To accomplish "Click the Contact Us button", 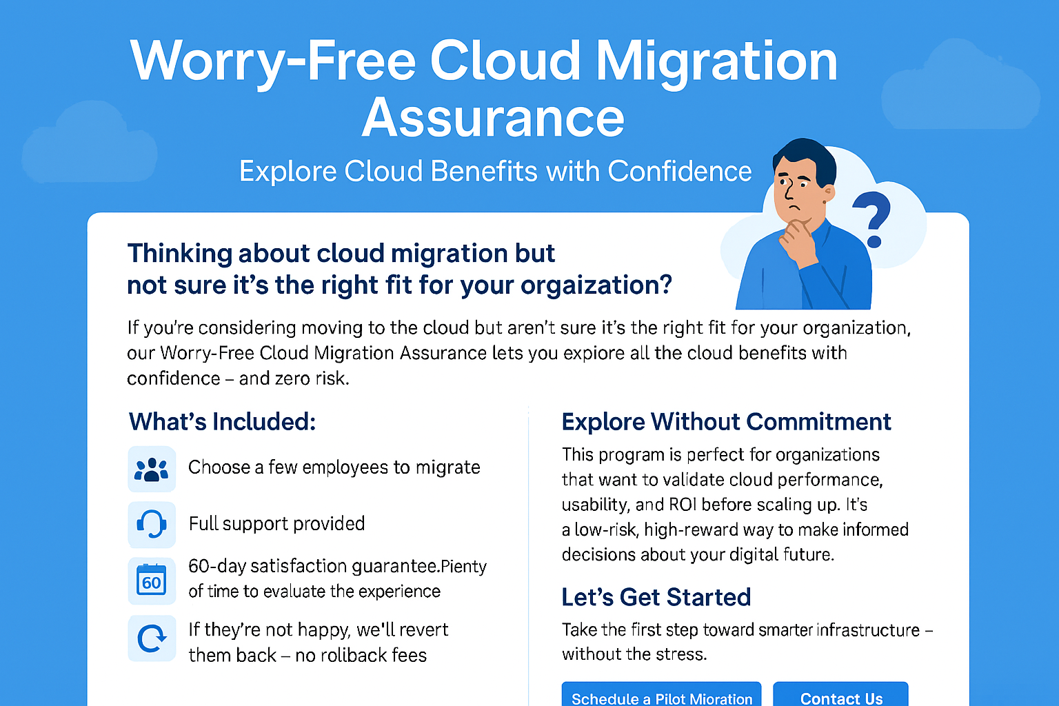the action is [840, 694].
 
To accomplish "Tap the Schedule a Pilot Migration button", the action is [661, 694].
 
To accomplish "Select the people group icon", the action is [151, 469].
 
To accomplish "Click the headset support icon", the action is [151, 525].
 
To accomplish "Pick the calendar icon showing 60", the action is [151, 581].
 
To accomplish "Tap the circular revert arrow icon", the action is [151, 638].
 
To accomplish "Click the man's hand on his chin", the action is [798, 242].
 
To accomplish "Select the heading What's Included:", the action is [222, 421].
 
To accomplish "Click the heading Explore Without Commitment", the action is [726, 421].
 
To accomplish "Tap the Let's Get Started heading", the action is [656, 597].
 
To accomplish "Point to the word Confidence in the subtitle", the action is [679, 171].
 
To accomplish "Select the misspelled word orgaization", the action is [596, 285].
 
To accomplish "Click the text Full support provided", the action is [276, 524].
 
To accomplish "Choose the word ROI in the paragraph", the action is [683, 505].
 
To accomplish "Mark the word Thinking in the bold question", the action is [180, 254].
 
